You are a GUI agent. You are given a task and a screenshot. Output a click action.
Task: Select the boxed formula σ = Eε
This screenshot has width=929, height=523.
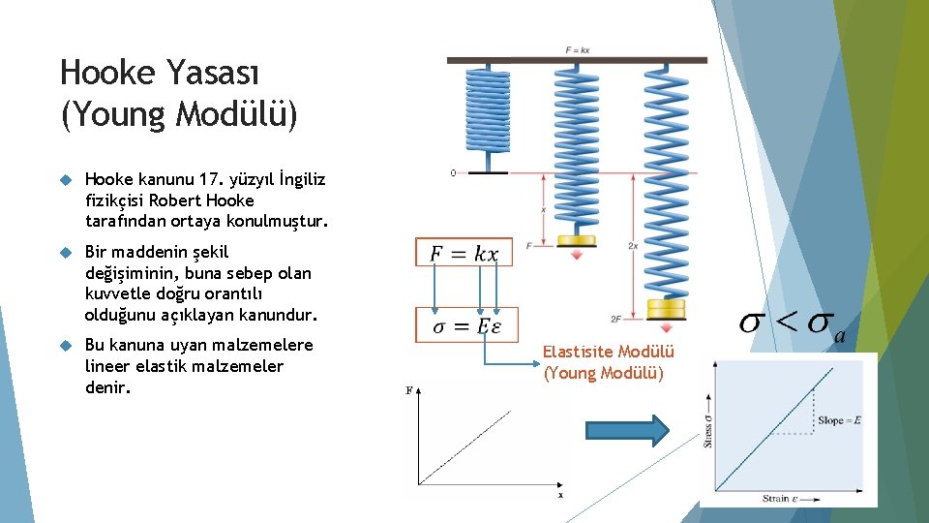466,325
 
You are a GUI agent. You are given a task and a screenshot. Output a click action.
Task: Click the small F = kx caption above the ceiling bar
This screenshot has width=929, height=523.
578,49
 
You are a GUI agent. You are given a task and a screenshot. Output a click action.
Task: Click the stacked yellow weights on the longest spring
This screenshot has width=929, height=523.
665,311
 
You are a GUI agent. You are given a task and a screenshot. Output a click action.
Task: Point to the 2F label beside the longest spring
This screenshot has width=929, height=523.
615,319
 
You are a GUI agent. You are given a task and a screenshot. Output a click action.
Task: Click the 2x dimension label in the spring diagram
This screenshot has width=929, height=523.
633,247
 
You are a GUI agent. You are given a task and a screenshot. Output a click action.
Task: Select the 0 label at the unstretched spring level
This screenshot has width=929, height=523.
453,173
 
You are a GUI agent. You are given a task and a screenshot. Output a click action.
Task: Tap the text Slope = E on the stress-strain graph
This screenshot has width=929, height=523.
838,420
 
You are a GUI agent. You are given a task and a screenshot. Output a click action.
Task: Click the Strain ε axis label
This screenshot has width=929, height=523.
782,498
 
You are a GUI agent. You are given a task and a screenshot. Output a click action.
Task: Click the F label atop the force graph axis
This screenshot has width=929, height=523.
408,390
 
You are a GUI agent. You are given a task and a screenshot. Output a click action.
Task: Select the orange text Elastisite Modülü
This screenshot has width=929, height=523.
608,353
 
